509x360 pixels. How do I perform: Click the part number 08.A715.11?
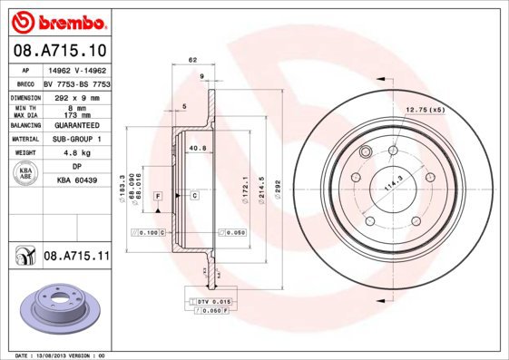tap(76, 257)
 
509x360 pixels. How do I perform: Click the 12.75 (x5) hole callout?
tap(426, 110)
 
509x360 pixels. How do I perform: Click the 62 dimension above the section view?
tap(192, 60)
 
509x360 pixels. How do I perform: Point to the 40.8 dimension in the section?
tap(197, 148)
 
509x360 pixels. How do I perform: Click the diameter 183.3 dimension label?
tap(122, 187)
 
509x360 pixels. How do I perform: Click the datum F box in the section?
tap(158, 196)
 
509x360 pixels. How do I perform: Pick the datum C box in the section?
tap(194, 196)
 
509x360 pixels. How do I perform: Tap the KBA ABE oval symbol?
tap(27, 175)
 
